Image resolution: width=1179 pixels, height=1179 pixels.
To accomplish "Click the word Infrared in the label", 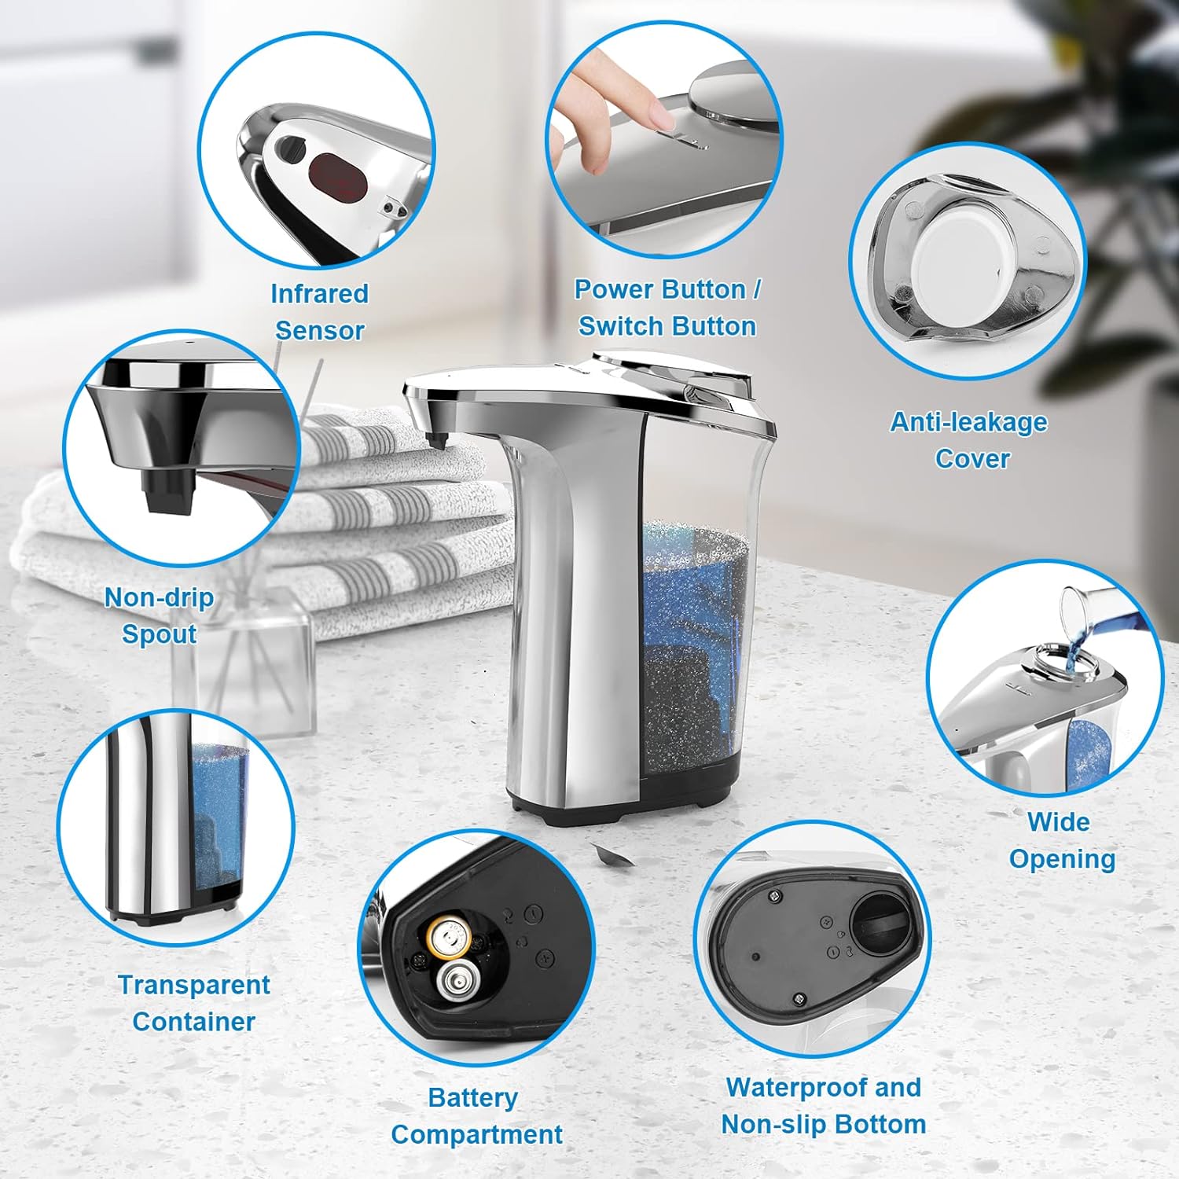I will (x=319, y=294).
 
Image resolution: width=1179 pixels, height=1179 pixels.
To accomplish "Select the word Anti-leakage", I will (x=968, y=423).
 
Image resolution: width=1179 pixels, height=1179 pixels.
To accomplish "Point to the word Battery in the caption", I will (x=472, y=1098).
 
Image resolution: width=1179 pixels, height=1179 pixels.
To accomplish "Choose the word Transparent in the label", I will (x=193, y=985).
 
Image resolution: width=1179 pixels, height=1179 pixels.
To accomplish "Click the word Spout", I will (x=159, y=634).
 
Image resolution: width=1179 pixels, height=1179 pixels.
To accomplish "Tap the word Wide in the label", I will (x=1058, y=822).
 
